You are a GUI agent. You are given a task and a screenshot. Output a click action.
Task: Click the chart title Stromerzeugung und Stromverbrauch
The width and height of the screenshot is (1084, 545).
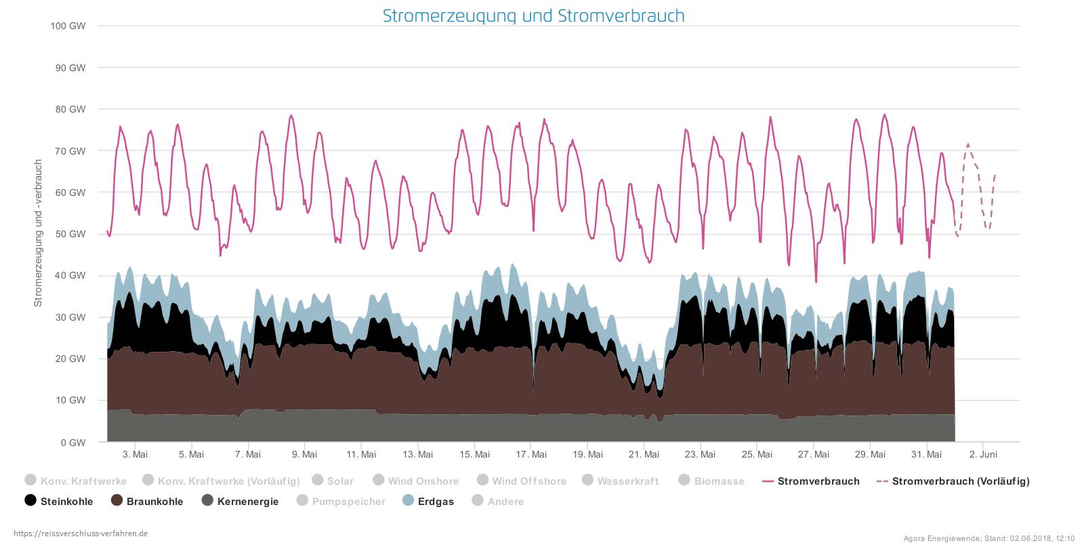pyautogui.click(x=533, y=16)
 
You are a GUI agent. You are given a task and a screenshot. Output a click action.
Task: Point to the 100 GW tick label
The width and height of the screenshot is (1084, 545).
pyautogui.click(x=68, y=26)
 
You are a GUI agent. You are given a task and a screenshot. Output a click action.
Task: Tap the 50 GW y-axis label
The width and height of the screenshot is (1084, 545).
pyautogui.click(x=70, y=234)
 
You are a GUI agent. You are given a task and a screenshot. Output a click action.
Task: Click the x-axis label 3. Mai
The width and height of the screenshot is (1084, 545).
pyautogui.click(x=135, y=454)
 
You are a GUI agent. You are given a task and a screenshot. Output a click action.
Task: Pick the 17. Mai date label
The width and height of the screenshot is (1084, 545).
pyautogui.click(x=531, y=454)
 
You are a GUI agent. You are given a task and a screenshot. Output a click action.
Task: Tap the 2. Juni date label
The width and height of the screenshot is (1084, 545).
pyautogui.click(x=983, y=454)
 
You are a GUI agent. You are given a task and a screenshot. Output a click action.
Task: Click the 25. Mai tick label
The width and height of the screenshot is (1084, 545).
pyautogui.click(x=757, y=454)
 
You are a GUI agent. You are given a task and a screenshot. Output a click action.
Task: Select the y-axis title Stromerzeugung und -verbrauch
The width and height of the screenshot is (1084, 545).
pyautogui.click(x=39, y=233)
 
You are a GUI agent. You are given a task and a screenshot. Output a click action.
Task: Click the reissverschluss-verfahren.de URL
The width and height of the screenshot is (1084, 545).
pyautogui.click(x=81, y=533)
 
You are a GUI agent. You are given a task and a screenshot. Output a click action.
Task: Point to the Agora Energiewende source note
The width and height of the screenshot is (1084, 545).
pyautogui.click(x=988, y=539)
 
